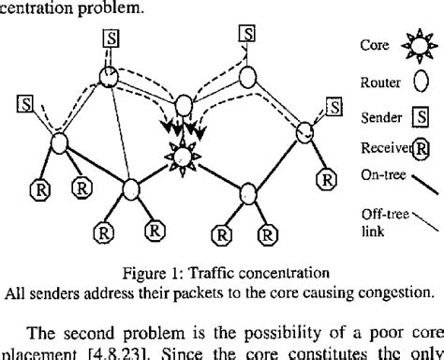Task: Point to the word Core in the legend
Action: (374, 44)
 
